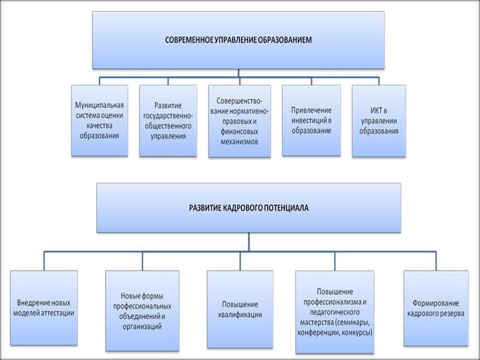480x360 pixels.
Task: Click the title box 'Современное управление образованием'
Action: coord(238,40)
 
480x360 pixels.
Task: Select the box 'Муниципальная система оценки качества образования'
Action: coord(100,120)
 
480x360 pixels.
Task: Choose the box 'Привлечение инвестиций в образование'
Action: coord(311,120)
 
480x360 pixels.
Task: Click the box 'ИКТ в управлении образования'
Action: coord(379,120)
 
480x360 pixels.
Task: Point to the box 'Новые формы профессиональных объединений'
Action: coord(142,310)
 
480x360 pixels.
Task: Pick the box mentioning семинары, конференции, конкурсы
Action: coord(335,311)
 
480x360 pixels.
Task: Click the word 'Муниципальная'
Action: coord(100,105)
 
